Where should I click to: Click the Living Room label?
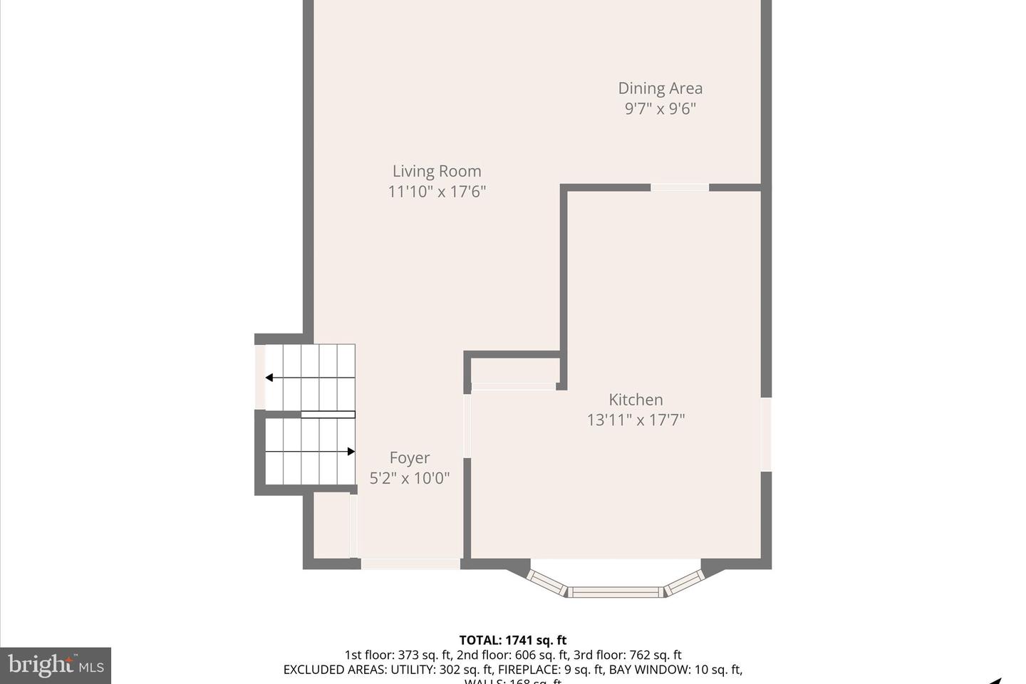(x=437, y=171)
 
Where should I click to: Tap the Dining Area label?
(x=660, y=88)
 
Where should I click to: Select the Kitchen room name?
(x=636, y=400)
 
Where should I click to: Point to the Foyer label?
(x=410, y=457)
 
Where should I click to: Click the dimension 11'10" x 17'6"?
(x=437, y=191)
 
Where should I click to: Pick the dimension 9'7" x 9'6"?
(x=660, y=108)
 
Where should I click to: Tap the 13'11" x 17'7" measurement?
(x=636, y=420)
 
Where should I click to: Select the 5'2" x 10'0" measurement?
(x=410, y=477)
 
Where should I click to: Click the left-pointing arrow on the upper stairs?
(x=269, y=378)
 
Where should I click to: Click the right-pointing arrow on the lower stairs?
(x=351, y=452)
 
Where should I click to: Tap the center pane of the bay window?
(x=615, y=591)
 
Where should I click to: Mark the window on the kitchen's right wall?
(x=766, y=434)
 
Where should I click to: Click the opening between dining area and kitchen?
(x=680, y=187)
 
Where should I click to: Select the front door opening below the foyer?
(x=410, y=564)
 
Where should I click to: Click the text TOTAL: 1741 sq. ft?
(x=512, y=640)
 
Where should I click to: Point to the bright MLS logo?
(x=56, y=665)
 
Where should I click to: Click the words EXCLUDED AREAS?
(x=334, y=670)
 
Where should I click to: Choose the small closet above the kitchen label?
(x=514, y=370)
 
